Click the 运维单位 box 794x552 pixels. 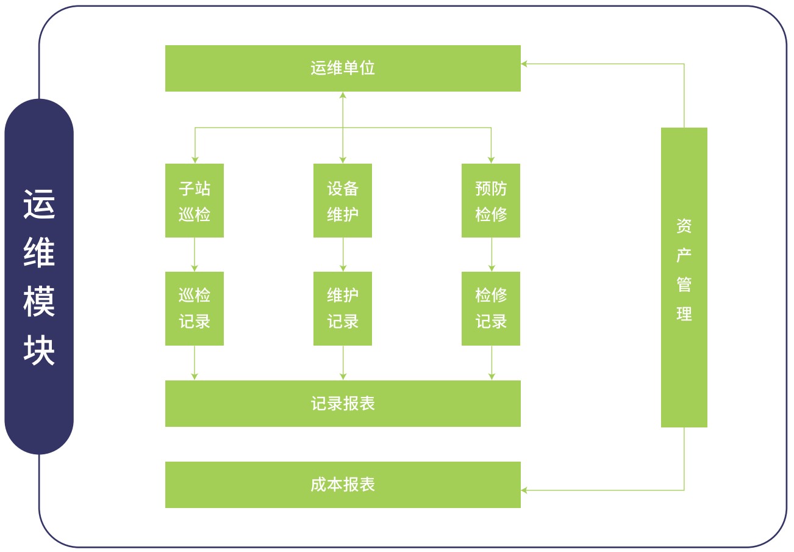(x=343, y=68)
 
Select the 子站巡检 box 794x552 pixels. (x=195, y=200)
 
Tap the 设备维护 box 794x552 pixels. (x=343, y=200)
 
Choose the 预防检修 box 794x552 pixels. (x=491, y=200)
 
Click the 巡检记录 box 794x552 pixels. (x=195, y=308)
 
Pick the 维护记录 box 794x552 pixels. (x=343, y=308)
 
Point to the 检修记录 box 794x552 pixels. (x=491, y=308)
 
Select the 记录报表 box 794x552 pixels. (x=343, y=404)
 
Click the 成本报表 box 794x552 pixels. (x=343, y=485)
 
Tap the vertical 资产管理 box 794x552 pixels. (x=684, y=277)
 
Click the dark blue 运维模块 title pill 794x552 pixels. (x=39, y=277)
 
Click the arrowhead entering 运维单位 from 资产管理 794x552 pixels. (x=524, y=64)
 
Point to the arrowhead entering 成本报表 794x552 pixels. (x=524, y=490)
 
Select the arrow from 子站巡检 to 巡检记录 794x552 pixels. (x=195, y=255)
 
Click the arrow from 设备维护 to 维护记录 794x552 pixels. (x=343, y=255)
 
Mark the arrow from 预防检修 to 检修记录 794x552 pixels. (x=492, y=255)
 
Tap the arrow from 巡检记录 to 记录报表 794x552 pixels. (x=195, y=363)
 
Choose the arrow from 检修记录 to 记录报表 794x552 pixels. (x=492, y=363)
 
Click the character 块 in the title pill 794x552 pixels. (x=39, y=350)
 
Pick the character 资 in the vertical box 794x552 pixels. (x=684, y=226)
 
